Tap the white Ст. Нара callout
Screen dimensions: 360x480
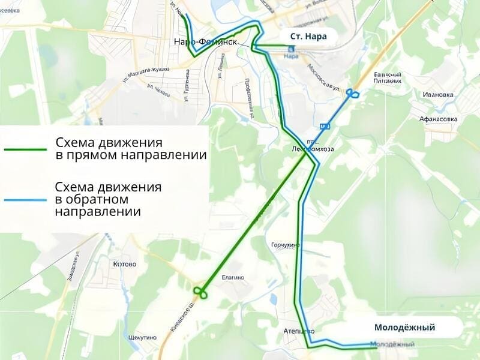tap(308, 37)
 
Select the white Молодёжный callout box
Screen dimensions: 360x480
tap(404, 328)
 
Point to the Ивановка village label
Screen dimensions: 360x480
tap(437, 95)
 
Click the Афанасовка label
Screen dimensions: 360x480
tap(439, 119)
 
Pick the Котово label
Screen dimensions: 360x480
tap(124, 264)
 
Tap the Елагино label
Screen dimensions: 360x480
tap(233, 277)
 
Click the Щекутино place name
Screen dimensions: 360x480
tap(142, 337)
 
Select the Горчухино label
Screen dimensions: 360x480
tap(284, 245)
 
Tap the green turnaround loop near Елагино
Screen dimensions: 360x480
tap(200, 292)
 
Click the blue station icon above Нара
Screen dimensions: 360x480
tap(291, 49)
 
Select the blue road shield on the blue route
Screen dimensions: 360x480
tap(325, 127)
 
